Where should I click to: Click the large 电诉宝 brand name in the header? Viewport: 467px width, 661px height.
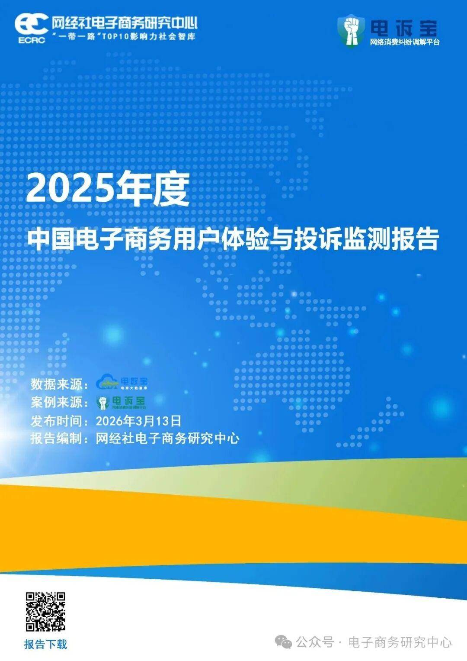point(404,28)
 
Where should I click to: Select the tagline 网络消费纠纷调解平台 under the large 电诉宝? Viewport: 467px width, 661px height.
point(404,42)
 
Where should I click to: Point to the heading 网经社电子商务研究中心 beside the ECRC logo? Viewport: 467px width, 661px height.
point(125,23)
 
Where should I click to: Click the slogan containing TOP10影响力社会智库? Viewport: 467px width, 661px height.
point(124,36)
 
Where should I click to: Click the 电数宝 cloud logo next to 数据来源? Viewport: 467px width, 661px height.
point(122,382)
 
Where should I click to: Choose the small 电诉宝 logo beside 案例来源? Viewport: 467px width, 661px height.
point(121,402)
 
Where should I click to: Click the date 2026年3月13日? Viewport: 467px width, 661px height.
point(138,420)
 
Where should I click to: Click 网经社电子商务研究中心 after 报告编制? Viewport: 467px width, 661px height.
point(167,438)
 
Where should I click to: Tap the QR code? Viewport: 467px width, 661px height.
point(45,612)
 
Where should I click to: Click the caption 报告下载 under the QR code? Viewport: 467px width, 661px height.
point(45,644)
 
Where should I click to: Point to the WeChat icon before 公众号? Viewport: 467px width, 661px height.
point(284,642)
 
